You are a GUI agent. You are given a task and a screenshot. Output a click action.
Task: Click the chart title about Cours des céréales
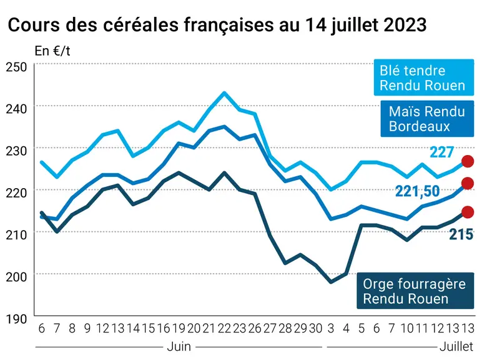point(217,25)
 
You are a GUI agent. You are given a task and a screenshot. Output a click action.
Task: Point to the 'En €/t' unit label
point(52,51)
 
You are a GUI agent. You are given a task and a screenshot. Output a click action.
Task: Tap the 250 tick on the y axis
point(16,67)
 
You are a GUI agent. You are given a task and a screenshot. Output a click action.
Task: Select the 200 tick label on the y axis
point(16,277)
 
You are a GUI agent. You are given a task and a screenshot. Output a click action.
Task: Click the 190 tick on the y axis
point(16,319)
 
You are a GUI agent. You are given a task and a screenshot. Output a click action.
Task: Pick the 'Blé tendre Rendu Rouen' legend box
point(424,77)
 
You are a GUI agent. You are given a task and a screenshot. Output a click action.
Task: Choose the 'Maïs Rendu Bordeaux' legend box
point(427,119)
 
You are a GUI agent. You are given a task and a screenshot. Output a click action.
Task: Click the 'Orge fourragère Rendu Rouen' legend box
point(415,291)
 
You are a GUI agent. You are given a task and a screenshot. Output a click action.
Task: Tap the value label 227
point(442,152)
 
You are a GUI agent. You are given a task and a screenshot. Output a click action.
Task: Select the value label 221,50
point(418,191)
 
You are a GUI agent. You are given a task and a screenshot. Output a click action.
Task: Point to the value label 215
point(461,234)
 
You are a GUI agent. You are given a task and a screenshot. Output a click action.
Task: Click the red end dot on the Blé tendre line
point(468,161)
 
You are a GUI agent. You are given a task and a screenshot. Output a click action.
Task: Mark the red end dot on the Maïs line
point(468,183)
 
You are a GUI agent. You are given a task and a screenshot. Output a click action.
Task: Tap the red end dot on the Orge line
point(468,212)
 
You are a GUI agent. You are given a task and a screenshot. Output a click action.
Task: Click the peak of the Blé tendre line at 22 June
point(224,92)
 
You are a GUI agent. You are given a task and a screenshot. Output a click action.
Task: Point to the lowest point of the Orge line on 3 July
point(331,282)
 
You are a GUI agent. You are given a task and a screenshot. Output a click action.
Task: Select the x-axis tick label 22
point(224,329)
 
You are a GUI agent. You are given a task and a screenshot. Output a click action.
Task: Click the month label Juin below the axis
point(179,347)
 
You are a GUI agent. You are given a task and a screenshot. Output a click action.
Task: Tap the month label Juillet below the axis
point(456,347)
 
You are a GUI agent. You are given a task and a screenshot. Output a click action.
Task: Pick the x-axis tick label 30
point(316,329)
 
